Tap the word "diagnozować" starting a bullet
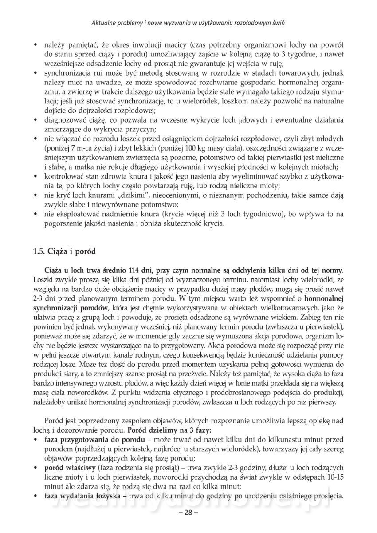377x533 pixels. (x=64, y=120)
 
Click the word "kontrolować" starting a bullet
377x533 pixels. (x=63, y=176)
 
